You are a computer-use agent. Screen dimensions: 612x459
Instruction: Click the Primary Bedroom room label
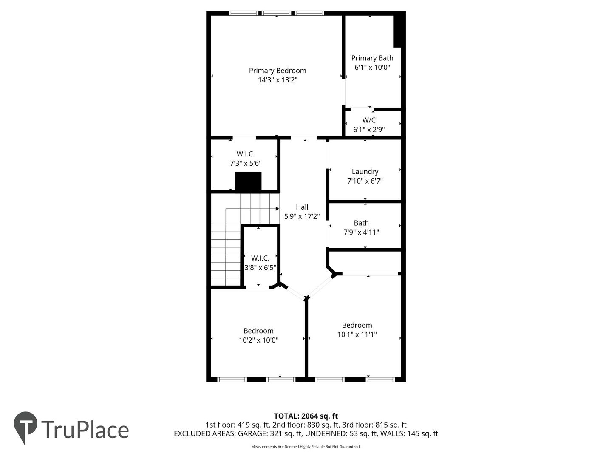278,71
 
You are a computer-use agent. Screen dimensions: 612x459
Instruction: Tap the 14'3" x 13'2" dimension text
278,80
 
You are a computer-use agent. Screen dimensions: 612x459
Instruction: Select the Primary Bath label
372,58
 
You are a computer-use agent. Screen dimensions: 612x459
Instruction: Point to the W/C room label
368,120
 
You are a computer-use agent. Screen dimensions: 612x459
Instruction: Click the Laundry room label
365,172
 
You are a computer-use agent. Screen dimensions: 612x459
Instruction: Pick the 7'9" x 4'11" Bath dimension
361,232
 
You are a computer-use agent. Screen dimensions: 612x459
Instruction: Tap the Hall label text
302,207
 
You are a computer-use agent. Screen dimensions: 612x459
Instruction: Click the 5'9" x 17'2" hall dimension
302,216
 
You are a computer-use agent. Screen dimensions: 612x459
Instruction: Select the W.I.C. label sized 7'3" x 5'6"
245,154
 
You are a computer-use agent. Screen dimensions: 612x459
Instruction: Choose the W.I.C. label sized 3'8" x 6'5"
260,258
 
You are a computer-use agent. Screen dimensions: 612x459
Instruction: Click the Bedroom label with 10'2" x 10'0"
258,331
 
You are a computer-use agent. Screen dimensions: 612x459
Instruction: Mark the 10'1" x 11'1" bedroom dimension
357,334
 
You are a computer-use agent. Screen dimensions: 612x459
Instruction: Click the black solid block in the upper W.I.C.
248,181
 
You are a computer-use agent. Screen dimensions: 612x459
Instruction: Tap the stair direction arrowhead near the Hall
277,209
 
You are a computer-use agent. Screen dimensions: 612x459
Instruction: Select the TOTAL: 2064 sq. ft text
306,416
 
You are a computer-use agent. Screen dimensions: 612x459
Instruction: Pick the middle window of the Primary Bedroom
276,13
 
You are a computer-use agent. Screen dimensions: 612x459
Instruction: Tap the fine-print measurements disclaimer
306,447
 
